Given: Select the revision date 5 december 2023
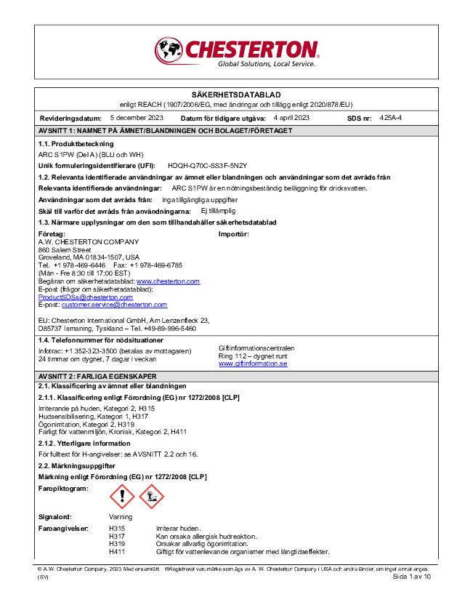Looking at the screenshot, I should coord(137,117).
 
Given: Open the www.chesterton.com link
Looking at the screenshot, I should coord(168,281).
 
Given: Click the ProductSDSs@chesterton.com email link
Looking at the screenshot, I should coord(86,297).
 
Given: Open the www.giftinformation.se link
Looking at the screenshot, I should coord(253,364).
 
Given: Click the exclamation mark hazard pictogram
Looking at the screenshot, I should coord(121,497).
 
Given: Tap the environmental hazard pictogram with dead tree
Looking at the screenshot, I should coord(151,497).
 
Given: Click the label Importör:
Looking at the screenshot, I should coord(234,234).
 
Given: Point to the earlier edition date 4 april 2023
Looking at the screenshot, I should coord(291,117).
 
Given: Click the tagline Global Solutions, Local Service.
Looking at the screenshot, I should coord(267,64).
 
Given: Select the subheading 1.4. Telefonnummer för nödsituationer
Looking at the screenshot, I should coord(100,340).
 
